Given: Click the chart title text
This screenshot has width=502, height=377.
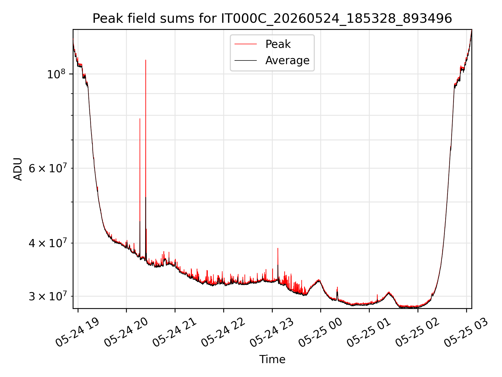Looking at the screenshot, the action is pos(272,19).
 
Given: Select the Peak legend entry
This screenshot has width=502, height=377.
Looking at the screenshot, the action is pos(263,44).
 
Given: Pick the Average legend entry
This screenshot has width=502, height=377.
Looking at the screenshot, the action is pos(272,60).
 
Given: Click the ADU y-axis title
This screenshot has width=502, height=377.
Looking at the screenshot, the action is pos(18,169).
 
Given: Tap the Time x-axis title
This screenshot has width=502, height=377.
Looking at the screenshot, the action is pos(272,359).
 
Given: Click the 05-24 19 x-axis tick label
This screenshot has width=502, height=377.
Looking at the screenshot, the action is pos(77,332).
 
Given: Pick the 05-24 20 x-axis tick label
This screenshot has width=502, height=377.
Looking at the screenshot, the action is pos(126,332).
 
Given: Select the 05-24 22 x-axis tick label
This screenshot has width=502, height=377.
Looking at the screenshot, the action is pos(223,332).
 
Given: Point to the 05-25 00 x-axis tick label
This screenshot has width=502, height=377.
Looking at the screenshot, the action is pos(320,332).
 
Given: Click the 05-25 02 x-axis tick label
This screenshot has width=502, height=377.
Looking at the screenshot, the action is pos(418,332).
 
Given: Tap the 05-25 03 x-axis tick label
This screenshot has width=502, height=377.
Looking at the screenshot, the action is pos(466,332).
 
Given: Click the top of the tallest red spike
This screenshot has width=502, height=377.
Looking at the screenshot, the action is pos(146,60).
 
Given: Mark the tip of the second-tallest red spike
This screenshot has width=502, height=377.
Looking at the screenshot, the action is pos(140,119).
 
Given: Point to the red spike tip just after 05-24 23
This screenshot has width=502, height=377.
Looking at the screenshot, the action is pos(278,248).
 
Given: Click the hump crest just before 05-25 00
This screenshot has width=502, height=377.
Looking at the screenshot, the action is pos(318,280).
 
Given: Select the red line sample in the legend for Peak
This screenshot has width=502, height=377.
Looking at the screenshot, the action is pos(246,44).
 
